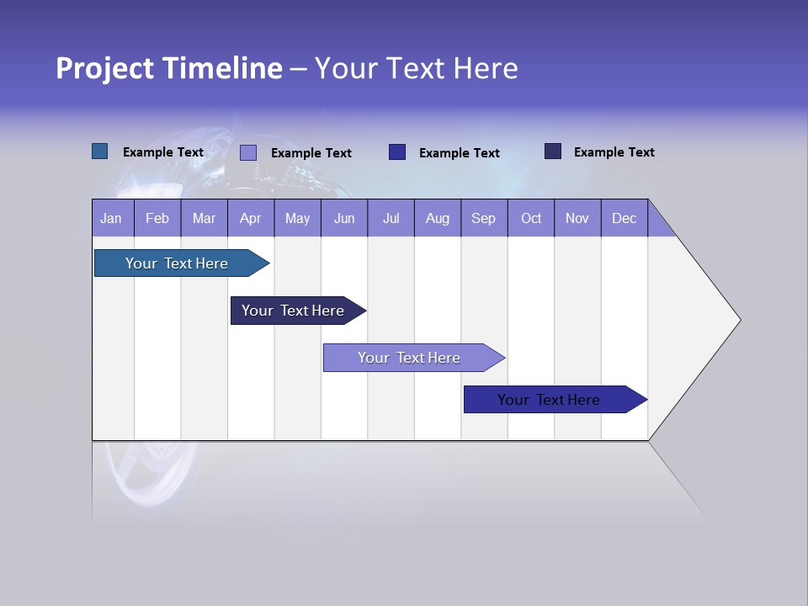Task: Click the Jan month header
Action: [111, 218]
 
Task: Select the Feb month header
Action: [157, 218]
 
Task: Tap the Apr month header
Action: [250, 218]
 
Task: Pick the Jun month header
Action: [344, 218]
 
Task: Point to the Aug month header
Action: [438, 218]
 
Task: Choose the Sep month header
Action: [483, 218]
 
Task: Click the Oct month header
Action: [531, 218]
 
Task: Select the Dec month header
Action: [624, 218]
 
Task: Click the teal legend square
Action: [99, 151]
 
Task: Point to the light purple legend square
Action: [248, 152]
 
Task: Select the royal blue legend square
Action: [397, 152]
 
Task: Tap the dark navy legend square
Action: [553, 151]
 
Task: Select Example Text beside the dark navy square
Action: [614, 152]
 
